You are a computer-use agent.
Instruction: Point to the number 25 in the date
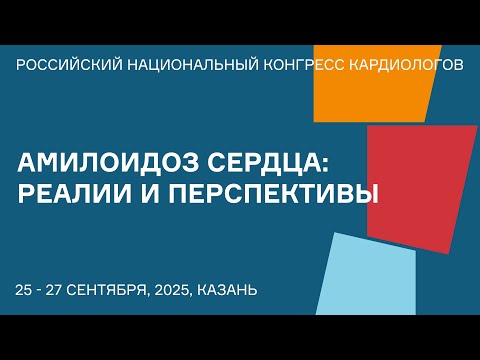coord(25,290)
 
